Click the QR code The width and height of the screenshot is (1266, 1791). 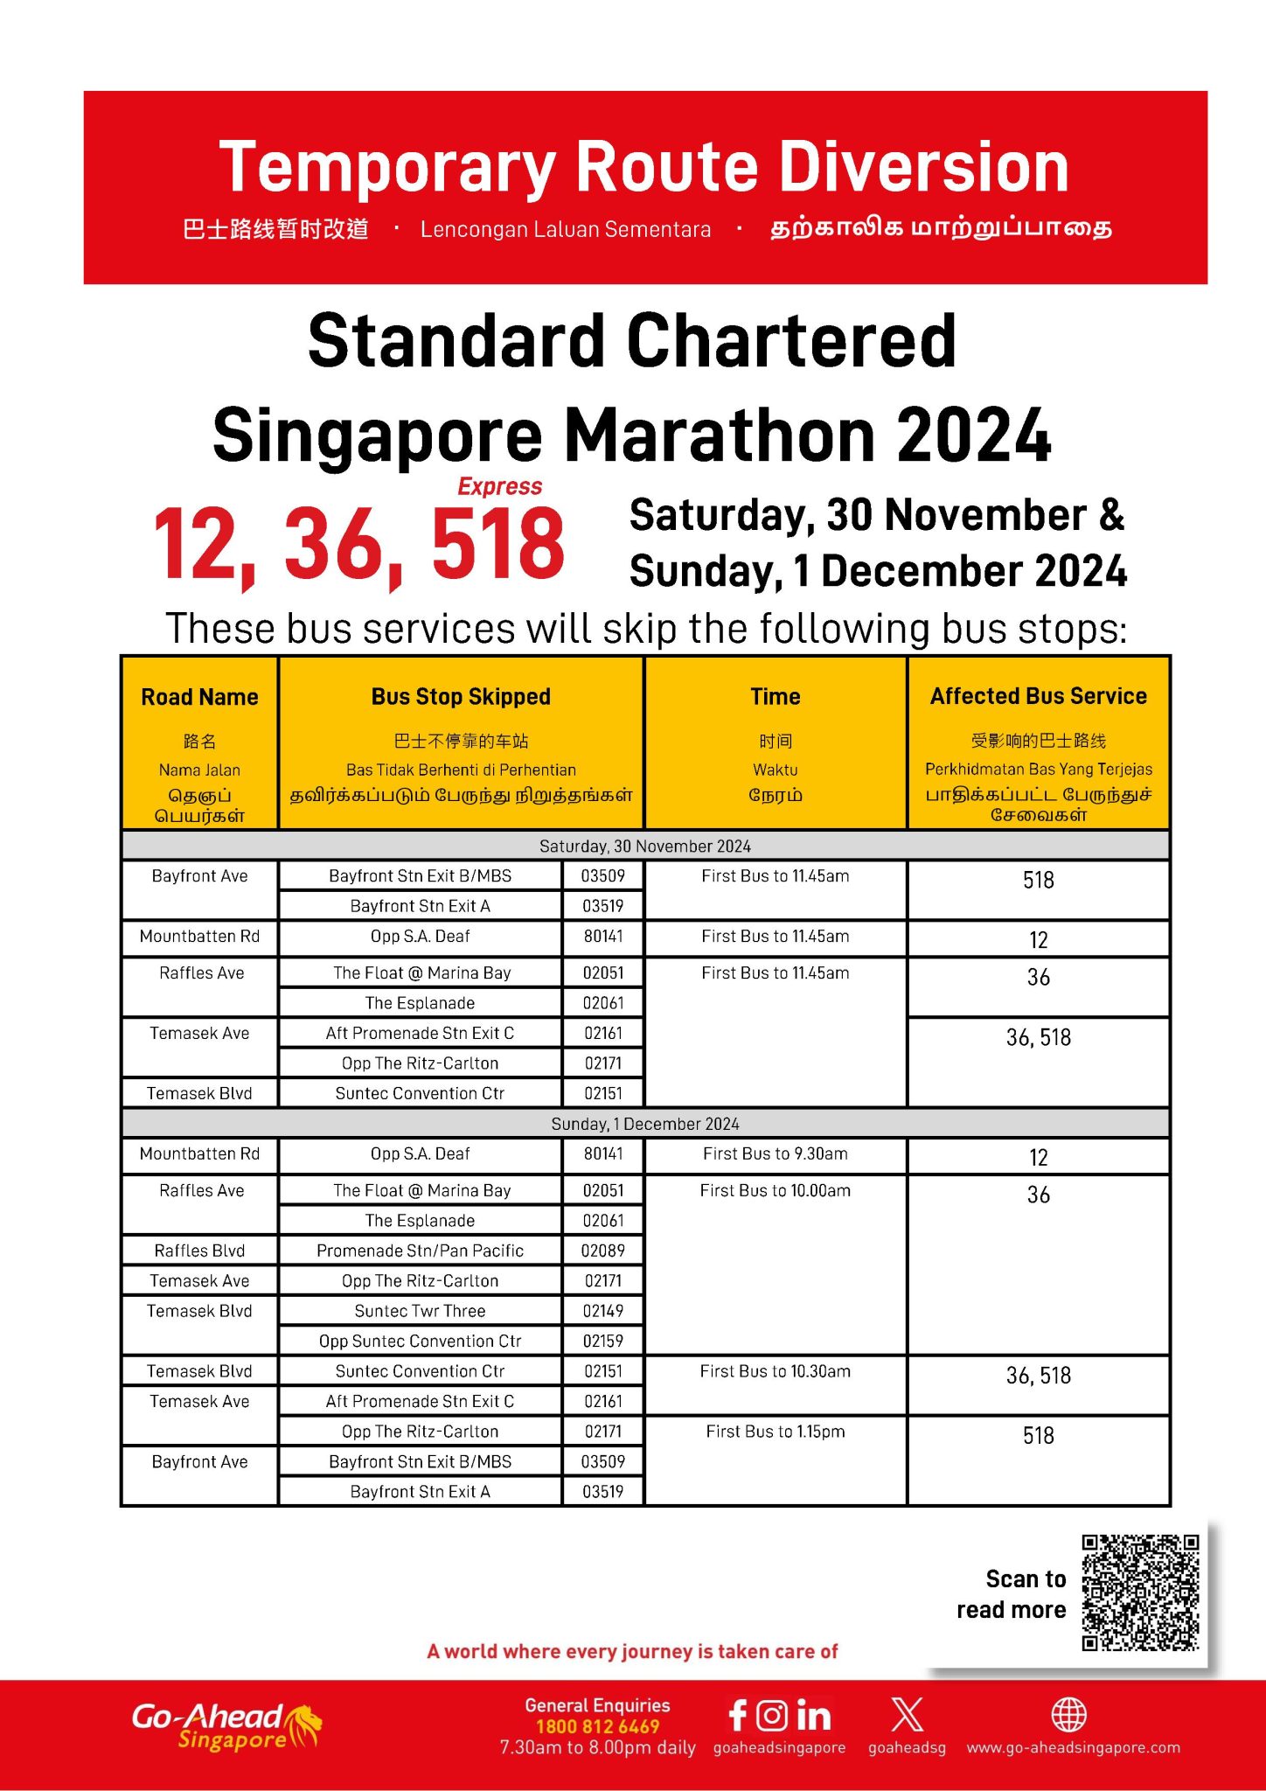[1140, 1592]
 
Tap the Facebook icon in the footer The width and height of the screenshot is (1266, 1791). [737, 1715]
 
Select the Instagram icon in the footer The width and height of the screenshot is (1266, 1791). [772, 1715]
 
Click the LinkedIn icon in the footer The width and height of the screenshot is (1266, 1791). [813, 1715]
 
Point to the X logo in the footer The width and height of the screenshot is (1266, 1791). [907, 1714]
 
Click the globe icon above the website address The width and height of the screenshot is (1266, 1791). [1068, 1715]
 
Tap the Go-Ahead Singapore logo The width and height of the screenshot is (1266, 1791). [226, 1726]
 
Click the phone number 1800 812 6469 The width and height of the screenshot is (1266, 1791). [597, 1726]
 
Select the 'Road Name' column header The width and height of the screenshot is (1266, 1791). [199, 697]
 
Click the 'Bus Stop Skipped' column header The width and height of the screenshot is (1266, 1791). [461, 697]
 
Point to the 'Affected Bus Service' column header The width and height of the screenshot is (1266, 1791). [1038, 696]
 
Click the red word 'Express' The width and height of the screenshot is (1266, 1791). [500, 486]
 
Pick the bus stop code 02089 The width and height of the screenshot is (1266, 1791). [603, 1251]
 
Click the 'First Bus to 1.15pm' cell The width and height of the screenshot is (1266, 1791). [776, 1432]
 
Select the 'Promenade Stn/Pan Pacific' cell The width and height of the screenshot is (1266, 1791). [420, 1251]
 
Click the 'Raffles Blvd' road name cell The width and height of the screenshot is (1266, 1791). [199, 1251]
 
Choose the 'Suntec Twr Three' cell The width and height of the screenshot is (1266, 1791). [420, 1311]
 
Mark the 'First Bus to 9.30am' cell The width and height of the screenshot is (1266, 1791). [776, 1153]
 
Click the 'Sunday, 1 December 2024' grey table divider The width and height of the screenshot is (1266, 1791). [645, 1124]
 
